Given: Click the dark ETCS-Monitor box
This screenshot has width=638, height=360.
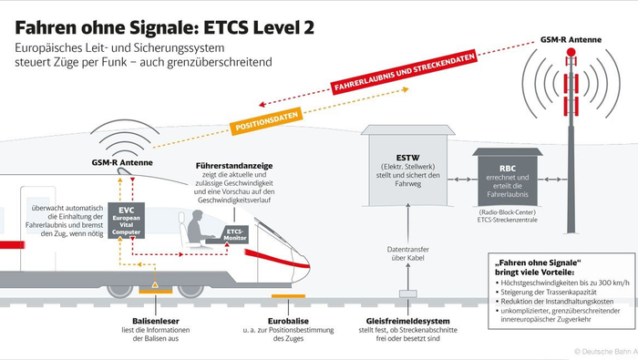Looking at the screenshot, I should coord(236,235).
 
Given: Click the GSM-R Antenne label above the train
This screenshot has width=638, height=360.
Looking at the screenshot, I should coord(121,162).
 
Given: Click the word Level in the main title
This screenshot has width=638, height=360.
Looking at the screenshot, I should coord(270,25).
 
